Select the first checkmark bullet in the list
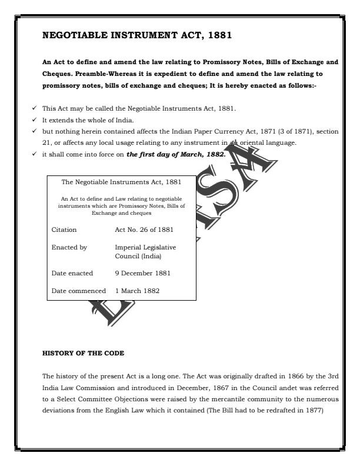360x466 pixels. click(x=37, y=109)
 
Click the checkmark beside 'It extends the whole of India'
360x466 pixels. click(x=37, y=120)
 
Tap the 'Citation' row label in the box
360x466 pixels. click(x=64, y=229)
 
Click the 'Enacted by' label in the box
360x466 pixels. click(x=69, y=248)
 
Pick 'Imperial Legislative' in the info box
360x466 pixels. click(x=145, y=248)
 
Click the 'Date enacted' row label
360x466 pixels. click(x=73, y=274)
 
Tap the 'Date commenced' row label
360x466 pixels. click(x=79, y=291)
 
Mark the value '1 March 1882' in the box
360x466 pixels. click(x=137, y=291)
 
